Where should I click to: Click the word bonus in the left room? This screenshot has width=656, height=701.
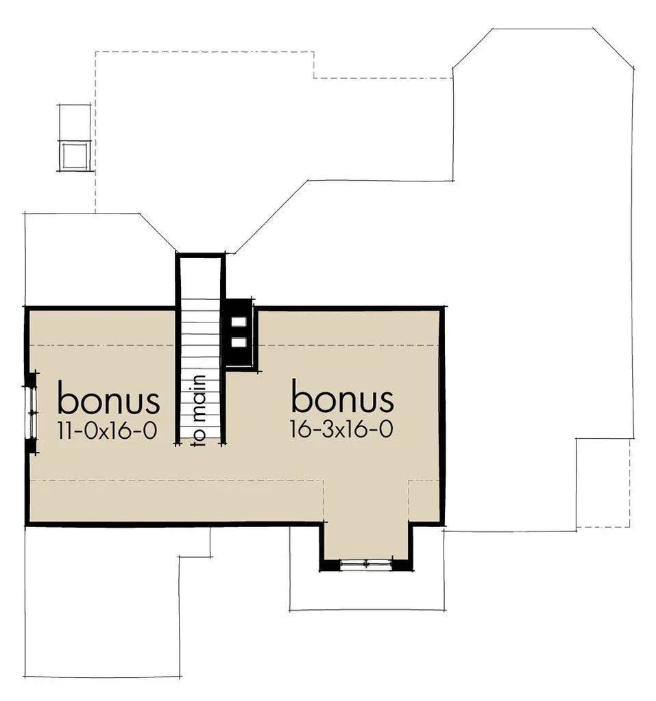pyautogui.click(x=108, y=399)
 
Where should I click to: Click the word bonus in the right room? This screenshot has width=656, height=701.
pyautogui.click(x=343, y=396)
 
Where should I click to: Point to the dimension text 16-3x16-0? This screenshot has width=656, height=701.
pyautogui.click(x=342, y=429)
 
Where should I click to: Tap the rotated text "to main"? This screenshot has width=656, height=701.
pyautogui.click(x=199, y=410)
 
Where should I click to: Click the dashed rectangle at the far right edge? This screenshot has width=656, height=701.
pyautogui.click(x=603, y=483)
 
